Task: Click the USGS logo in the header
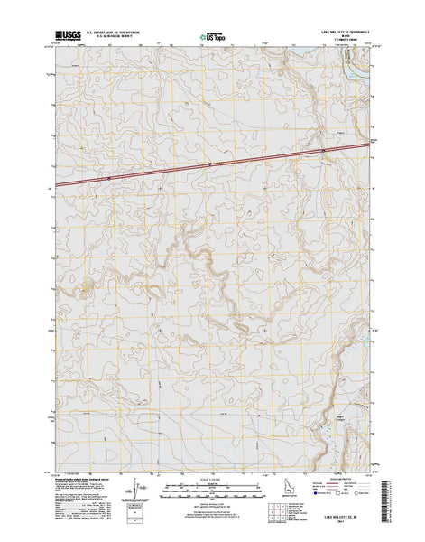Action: [x=67, y=35]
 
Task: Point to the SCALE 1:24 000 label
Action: [x=211, y=475]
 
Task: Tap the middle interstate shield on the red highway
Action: [x=209, y=164]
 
